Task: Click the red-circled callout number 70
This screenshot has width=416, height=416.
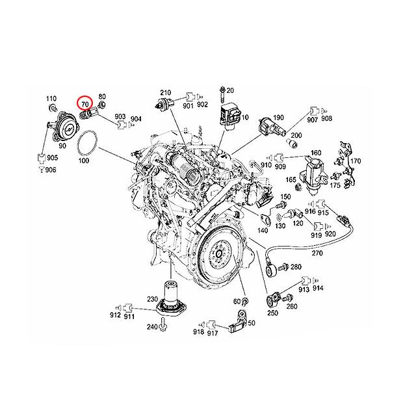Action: (x=84, y=103)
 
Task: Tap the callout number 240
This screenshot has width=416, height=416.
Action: (x=151, y=326)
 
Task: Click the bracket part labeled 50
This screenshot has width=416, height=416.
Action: (x=240, y=323)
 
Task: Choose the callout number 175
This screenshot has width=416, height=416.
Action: (x=335, y=185)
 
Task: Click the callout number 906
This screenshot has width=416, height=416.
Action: (x=51, y=170)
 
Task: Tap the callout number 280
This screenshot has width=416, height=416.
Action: (x=296, y=267)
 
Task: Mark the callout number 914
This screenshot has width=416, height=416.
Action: (x=318, y=288)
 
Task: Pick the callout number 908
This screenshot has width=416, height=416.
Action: (x=326, y=119)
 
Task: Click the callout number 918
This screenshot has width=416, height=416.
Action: (x=199, y=333)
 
